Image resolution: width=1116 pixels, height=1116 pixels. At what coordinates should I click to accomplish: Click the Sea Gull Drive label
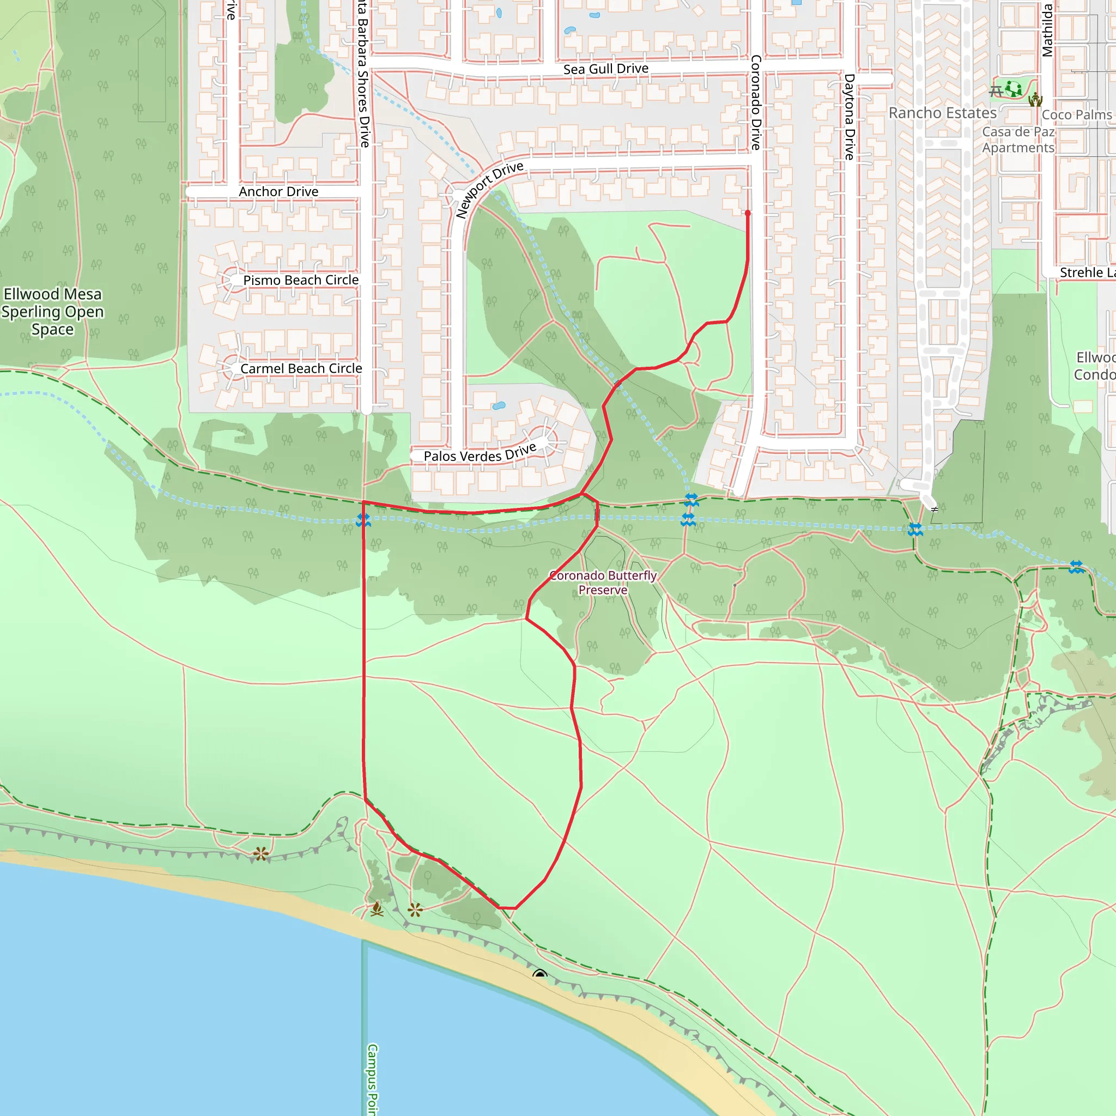click(605, 69)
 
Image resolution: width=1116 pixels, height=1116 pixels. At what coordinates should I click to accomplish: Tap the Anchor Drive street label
click(278, 192)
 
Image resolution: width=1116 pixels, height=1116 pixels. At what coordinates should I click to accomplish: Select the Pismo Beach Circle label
click(300, 280)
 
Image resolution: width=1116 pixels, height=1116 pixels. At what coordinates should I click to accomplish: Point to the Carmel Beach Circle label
click(301, 368)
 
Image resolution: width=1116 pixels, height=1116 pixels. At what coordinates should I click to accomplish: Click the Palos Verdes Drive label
click(480, 454)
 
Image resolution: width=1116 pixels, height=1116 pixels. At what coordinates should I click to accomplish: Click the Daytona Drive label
click(849, 117)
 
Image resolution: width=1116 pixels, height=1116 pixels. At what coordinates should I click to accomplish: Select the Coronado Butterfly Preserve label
click(603, 583)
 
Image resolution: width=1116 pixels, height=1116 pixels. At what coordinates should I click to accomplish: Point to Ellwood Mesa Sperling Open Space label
click(52, 311)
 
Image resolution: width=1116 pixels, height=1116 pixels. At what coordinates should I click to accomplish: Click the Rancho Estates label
click(942, 113)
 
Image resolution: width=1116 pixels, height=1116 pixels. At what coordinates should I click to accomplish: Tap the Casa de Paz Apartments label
click(1018, 140)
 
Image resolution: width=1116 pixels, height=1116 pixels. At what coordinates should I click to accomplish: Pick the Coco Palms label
click(1077, 115)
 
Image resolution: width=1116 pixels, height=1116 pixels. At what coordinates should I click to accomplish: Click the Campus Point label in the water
click(373, 1079)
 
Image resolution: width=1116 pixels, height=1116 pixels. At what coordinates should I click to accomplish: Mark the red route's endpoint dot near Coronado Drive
click(748, 213)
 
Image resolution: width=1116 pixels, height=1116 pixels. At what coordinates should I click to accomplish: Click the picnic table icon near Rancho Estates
click(995, 91)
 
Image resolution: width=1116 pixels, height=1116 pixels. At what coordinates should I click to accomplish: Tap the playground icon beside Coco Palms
click(1035, 100)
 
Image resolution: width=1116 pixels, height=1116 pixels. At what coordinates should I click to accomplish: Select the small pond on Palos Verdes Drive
click(499, 405)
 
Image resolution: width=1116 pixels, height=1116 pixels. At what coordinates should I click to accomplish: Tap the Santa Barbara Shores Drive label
click(363, 75)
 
